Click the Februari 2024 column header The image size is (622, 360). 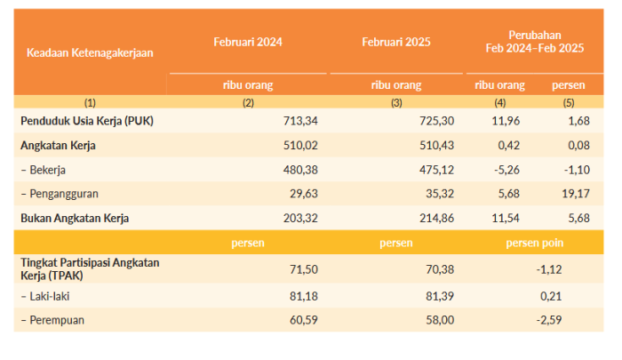coord(248,42)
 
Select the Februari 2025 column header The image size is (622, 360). coord(396,42)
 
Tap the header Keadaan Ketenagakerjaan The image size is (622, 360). coord(90,52)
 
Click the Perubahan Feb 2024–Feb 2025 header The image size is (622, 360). coord(535,42)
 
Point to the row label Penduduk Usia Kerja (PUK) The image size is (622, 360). coord(87,121)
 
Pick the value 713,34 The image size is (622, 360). coord(300,121)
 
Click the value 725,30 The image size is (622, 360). coord(437,121)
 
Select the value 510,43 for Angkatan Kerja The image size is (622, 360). coord(437,145)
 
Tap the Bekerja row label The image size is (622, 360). coord(44,170)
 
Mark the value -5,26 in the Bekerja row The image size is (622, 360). coord(506,170)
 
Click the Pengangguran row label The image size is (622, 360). coord(60,194)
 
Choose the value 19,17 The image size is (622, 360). coord(576,194)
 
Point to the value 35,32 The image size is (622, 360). coord(440,194)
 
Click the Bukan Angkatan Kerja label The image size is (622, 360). coord(75,219)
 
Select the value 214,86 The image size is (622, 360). coord(437,218)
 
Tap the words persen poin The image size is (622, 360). coord(535,243)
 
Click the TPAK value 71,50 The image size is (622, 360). coord(304,269)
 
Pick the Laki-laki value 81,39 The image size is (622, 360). coord(440,296)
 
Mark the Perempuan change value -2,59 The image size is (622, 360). coord(549,320)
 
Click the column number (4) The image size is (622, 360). coord(499,103)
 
